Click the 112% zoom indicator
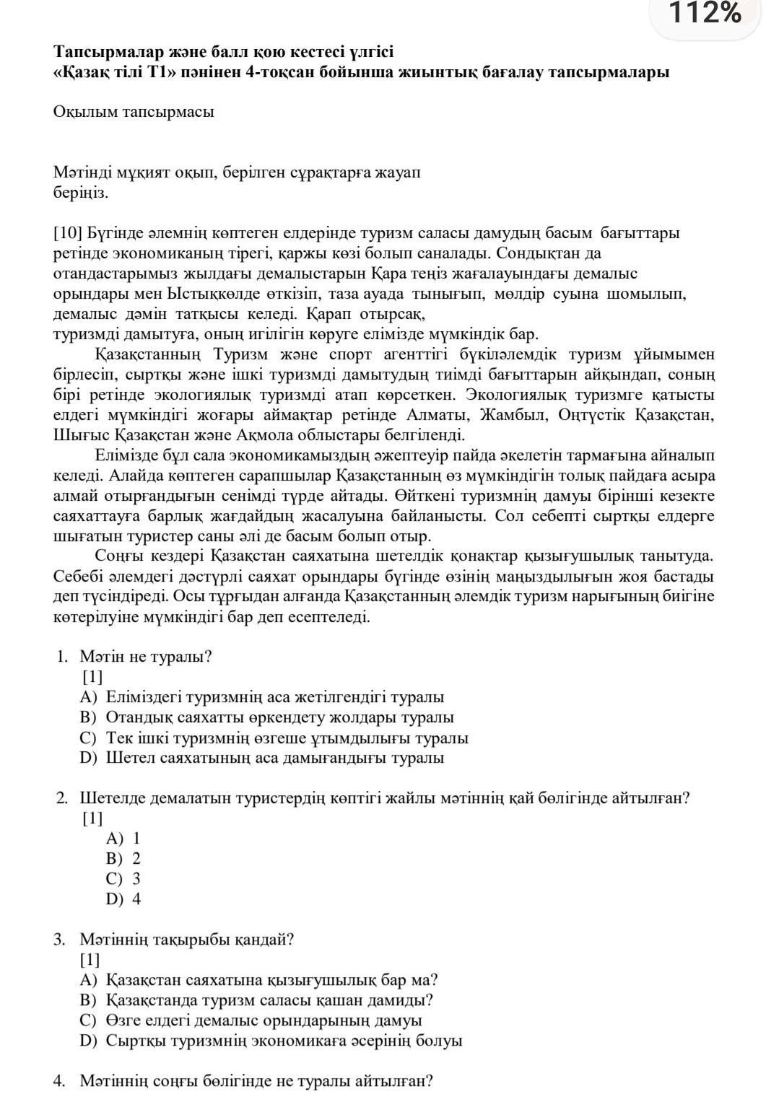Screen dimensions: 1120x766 [x=705, y=13]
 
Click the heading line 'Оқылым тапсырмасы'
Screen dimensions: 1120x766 [x=134, y=112]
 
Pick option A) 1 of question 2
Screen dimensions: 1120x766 [x=123, y=839]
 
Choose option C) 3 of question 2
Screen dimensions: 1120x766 [x=123, y=879]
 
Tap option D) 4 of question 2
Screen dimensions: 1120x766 [x=123, y=899]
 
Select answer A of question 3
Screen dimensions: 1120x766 [x=260, y=980]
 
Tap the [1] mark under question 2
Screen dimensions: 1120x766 [x=92, y=818]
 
